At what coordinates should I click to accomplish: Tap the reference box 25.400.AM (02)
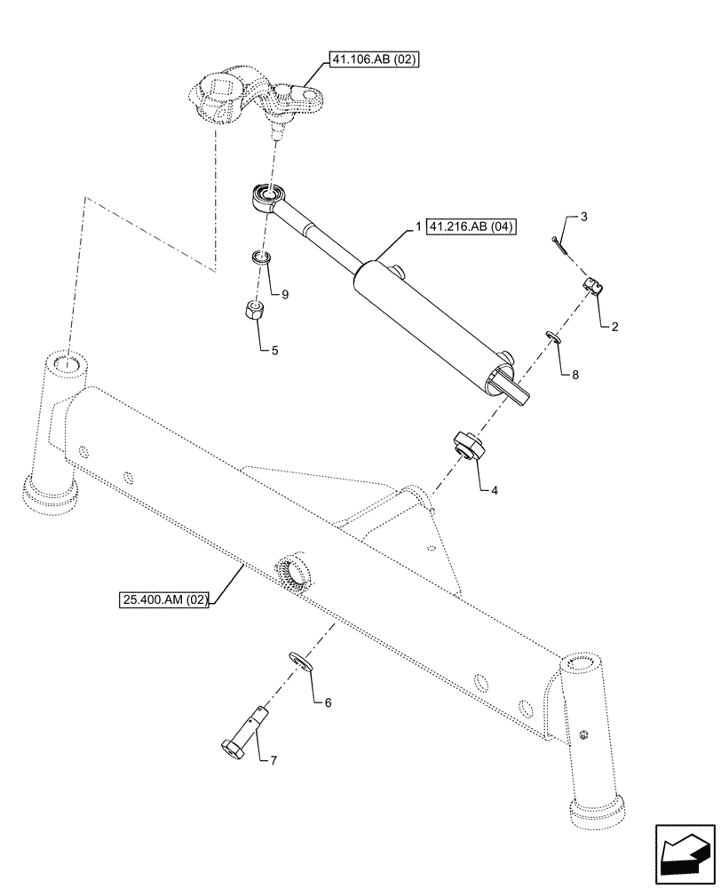[163, 601]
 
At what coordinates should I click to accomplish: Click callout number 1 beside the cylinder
[416, 227]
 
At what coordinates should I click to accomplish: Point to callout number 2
[613, 327]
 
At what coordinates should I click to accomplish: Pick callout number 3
[582, 217]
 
